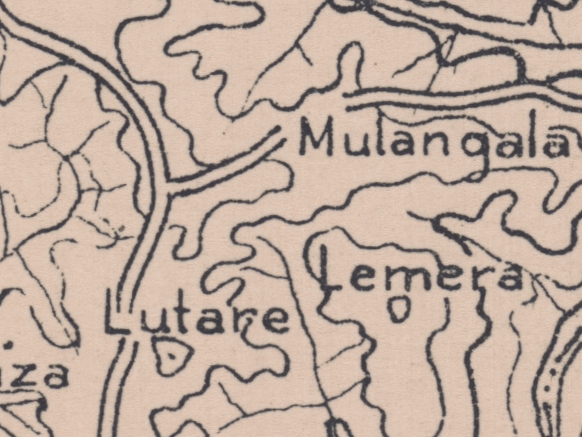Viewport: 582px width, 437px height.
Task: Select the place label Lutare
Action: coord(196,319)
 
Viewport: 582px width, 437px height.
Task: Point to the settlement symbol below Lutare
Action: coord(173,356)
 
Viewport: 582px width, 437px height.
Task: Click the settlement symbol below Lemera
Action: coord(398,310)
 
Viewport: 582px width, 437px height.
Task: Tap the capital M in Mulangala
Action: coord(317,138)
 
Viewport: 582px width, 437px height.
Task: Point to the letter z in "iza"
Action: coord(31,377)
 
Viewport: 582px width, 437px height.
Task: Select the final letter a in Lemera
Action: coord(507,277)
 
